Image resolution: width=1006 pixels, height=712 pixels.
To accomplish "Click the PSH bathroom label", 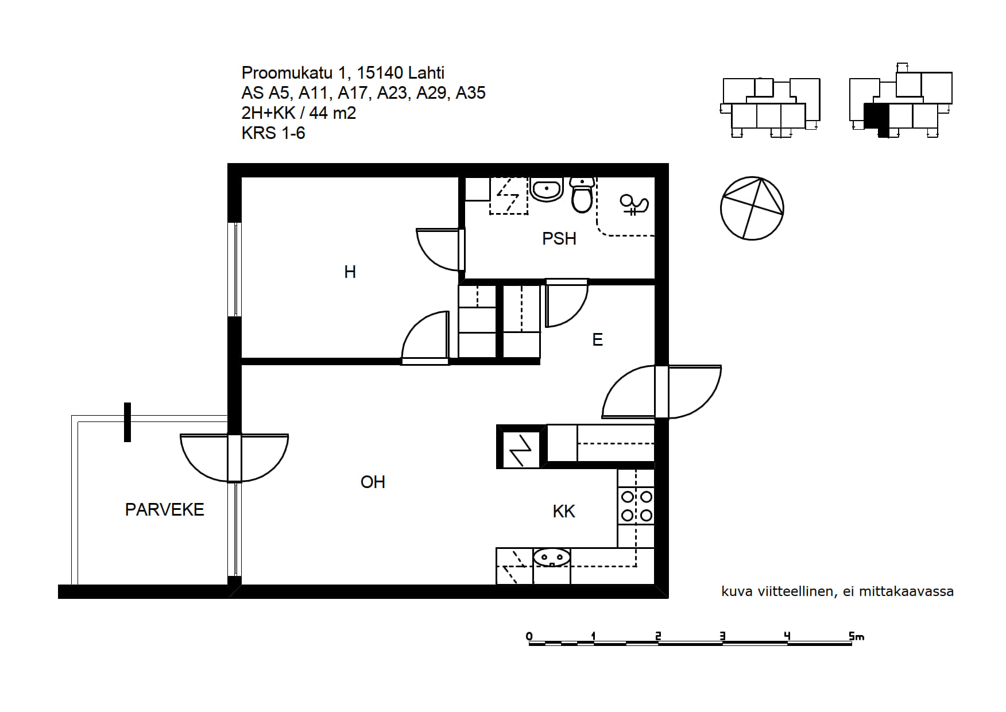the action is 559,238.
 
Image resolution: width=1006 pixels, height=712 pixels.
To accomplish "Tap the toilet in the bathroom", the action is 582,195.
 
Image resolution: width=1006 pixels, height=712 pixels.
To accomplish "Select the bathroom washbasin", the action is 546,189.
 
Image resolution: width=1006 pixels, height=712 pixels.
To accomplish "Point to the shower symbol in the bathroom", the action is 634,204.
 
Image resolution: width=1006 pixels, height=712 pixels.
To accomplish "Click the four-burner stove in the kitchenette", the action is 636,506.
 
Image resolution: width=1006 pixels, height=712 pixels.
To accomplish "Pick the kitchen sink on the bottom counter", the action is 552,558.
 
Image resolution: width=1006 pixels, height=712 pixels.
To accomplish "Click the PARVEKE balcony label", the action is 164,510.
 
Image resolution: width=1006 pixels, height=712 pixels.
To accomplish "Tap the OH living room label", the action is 373,482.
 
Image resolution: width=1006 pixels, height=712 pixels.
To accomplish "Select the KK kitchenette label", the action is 564,512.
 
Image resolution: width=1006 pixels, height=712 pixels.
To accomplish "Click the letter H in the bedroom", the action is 350,272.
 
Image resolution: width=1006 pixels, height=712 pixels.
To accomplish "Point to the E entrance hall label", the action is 597,340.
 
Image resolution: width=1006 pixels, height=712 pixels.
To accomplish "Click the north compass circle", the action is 752,208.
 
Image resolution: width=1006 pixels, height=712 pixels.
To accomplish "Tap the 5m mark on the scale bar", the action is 856,636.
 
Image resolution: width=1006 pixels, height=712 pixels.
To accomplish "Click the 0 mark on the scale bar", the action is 529,636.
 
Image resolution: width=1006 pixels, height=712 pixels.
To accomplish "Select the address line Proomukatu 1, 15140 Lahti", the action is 343,73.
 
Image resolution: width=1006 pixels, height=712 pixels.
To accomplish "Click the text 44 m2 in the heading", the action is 332,113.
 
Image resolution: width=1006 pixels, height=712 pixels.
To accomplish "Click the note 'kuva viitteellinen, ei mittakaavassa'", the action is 837,591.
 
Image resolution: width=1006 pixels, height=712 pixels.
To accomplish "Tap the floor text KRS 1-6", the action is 273,133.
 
